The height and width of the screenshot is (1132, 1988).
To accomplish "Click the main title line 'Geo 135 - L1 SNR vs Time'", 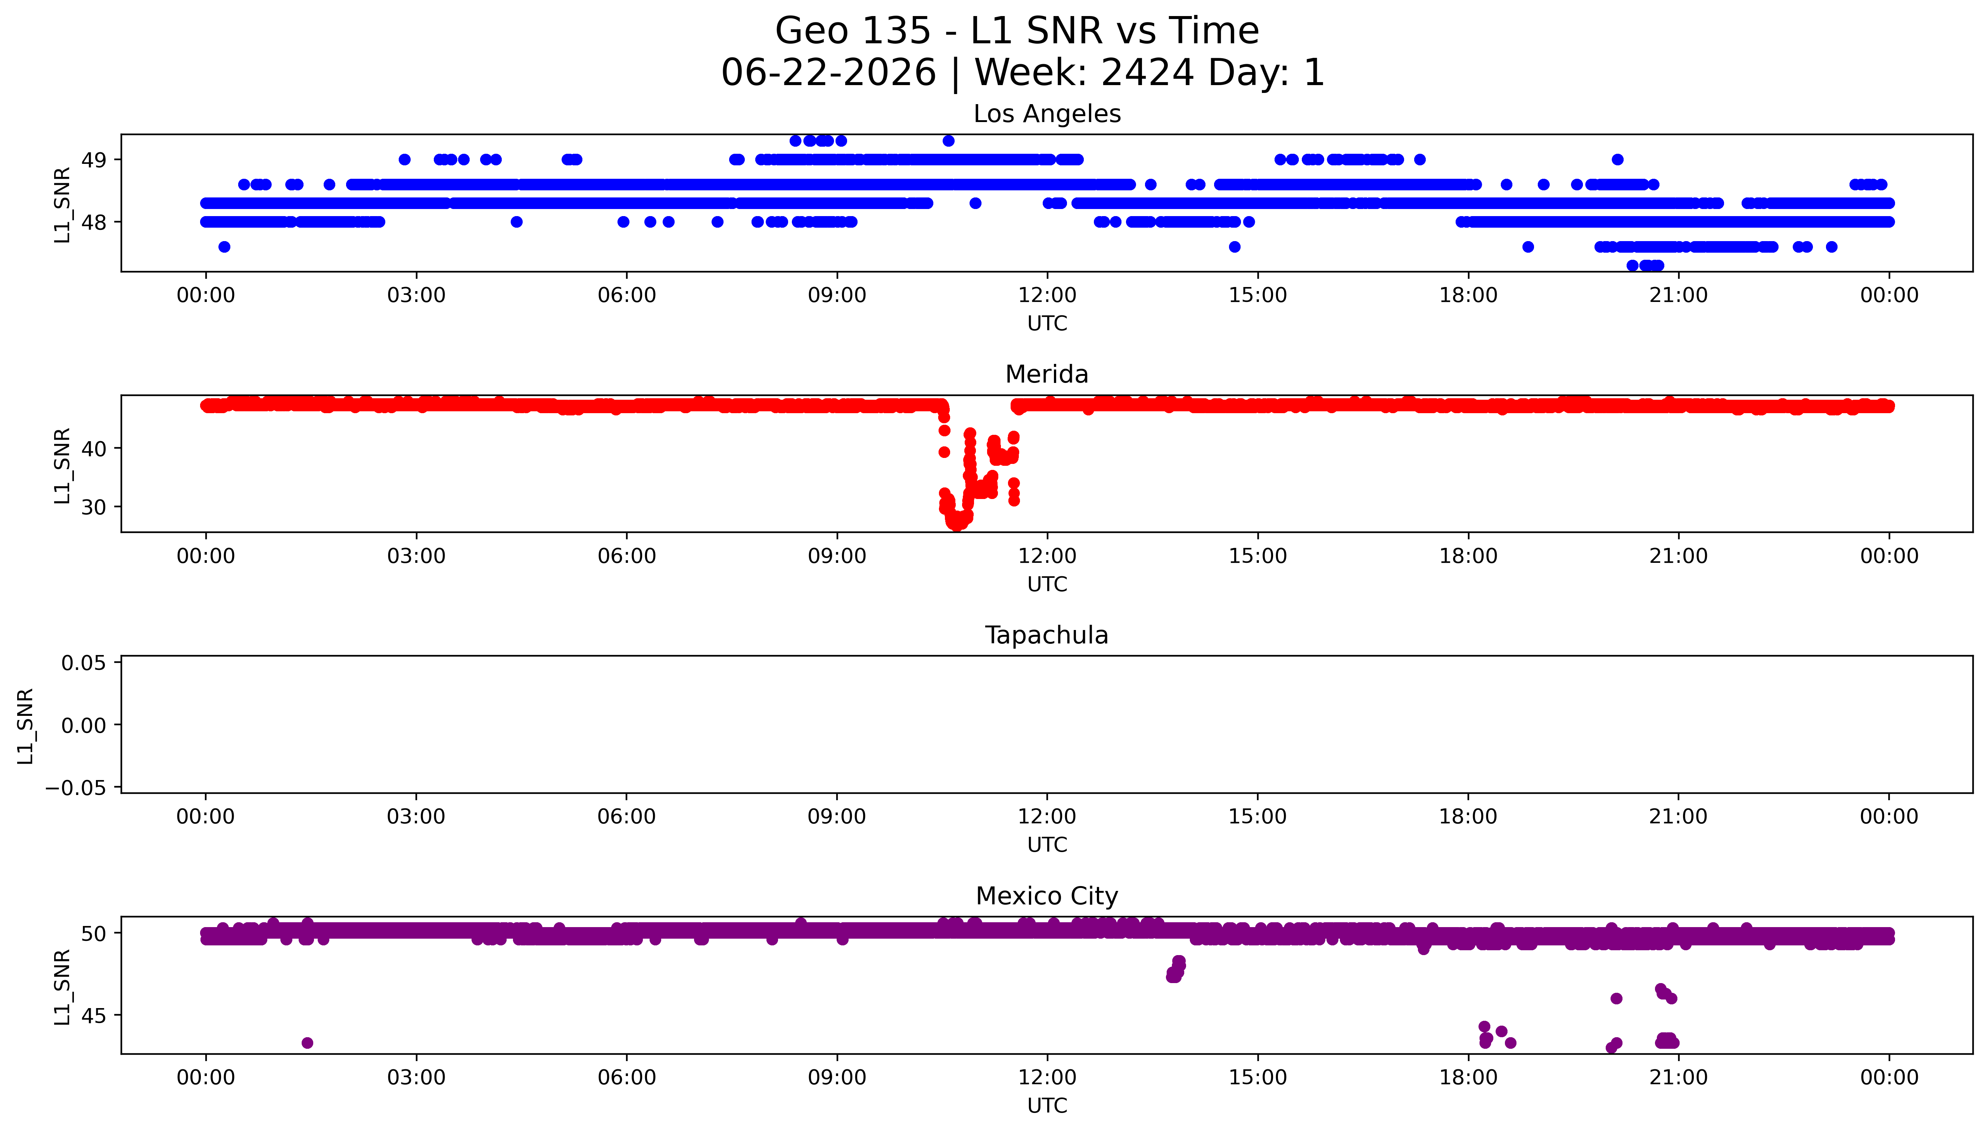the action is (x=1017, y=31).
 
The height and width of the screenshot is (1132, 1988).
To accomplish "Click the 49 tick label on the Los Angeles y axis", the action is (x=94, y=160).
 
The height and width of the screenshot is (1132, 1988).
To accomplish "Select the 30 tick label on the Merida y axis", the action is (x=94, y=507).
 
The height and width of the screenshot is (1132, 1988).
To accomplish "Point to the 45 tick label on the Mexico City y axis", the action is (x=94, y=1016).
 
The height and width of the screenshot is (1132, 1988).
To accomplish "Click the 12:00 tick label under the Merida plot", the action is (x=1047, y=556).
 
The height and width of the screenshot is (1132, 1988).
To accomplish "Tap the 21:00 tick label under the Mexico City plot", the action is (x=1679, y=1078).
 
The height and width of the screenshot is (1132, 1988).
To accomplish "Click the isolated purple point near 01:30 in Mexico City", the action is (x=307, y=1042).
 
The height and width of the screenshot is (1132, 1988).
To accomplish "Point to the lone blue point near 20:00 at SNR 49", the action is (x=1617, y=159).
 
